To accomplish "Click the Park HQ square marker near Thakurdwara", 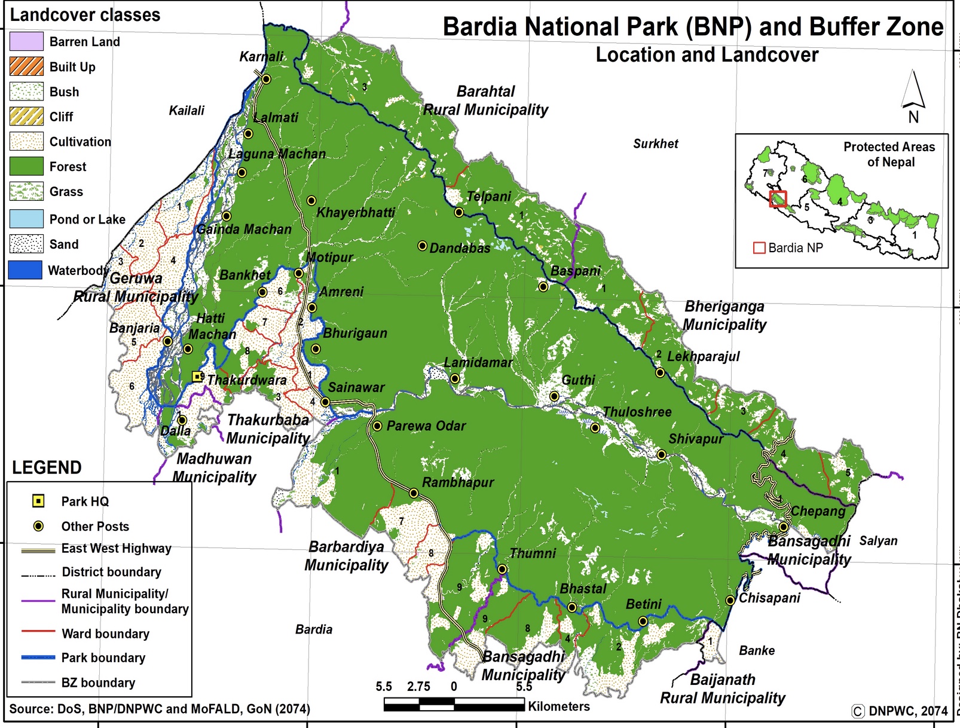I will [x=197, y=376].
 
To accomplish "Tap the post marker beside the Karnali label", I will [x=267, y=79].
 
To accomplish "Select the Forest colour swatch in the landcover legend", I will [x=26, y=166].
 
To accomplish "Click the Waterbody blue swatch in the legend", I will [x=26, y=270].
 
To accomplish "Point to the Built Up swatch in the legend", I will [x=26, y=66].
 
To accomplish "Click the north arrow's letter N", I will [x=913, y=117].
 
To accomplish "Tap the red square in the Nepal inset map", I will [x=778, y=199].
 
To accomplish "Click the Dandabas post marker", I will [x=422, y=246].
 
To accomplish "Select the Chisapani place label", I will [x=769, y=598].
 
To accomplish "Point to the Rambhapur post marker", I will [x=414, y=493].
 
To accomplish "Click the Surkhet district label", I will [x=656, y=143].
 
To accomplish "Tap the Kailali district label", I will [x=187, y=111].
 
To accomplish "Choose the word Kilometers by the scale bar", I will [x=558, y=706].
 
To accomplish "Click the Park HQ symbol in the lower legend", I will [x=38, y=501].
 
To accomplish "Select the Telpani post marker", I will [x=458, y=212].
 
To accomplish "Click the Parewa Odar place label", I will [x=426, y=426].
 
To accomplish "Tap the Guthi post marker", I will [x=554, y=396].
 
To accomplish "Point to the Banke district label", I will [x=757, y=650].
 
